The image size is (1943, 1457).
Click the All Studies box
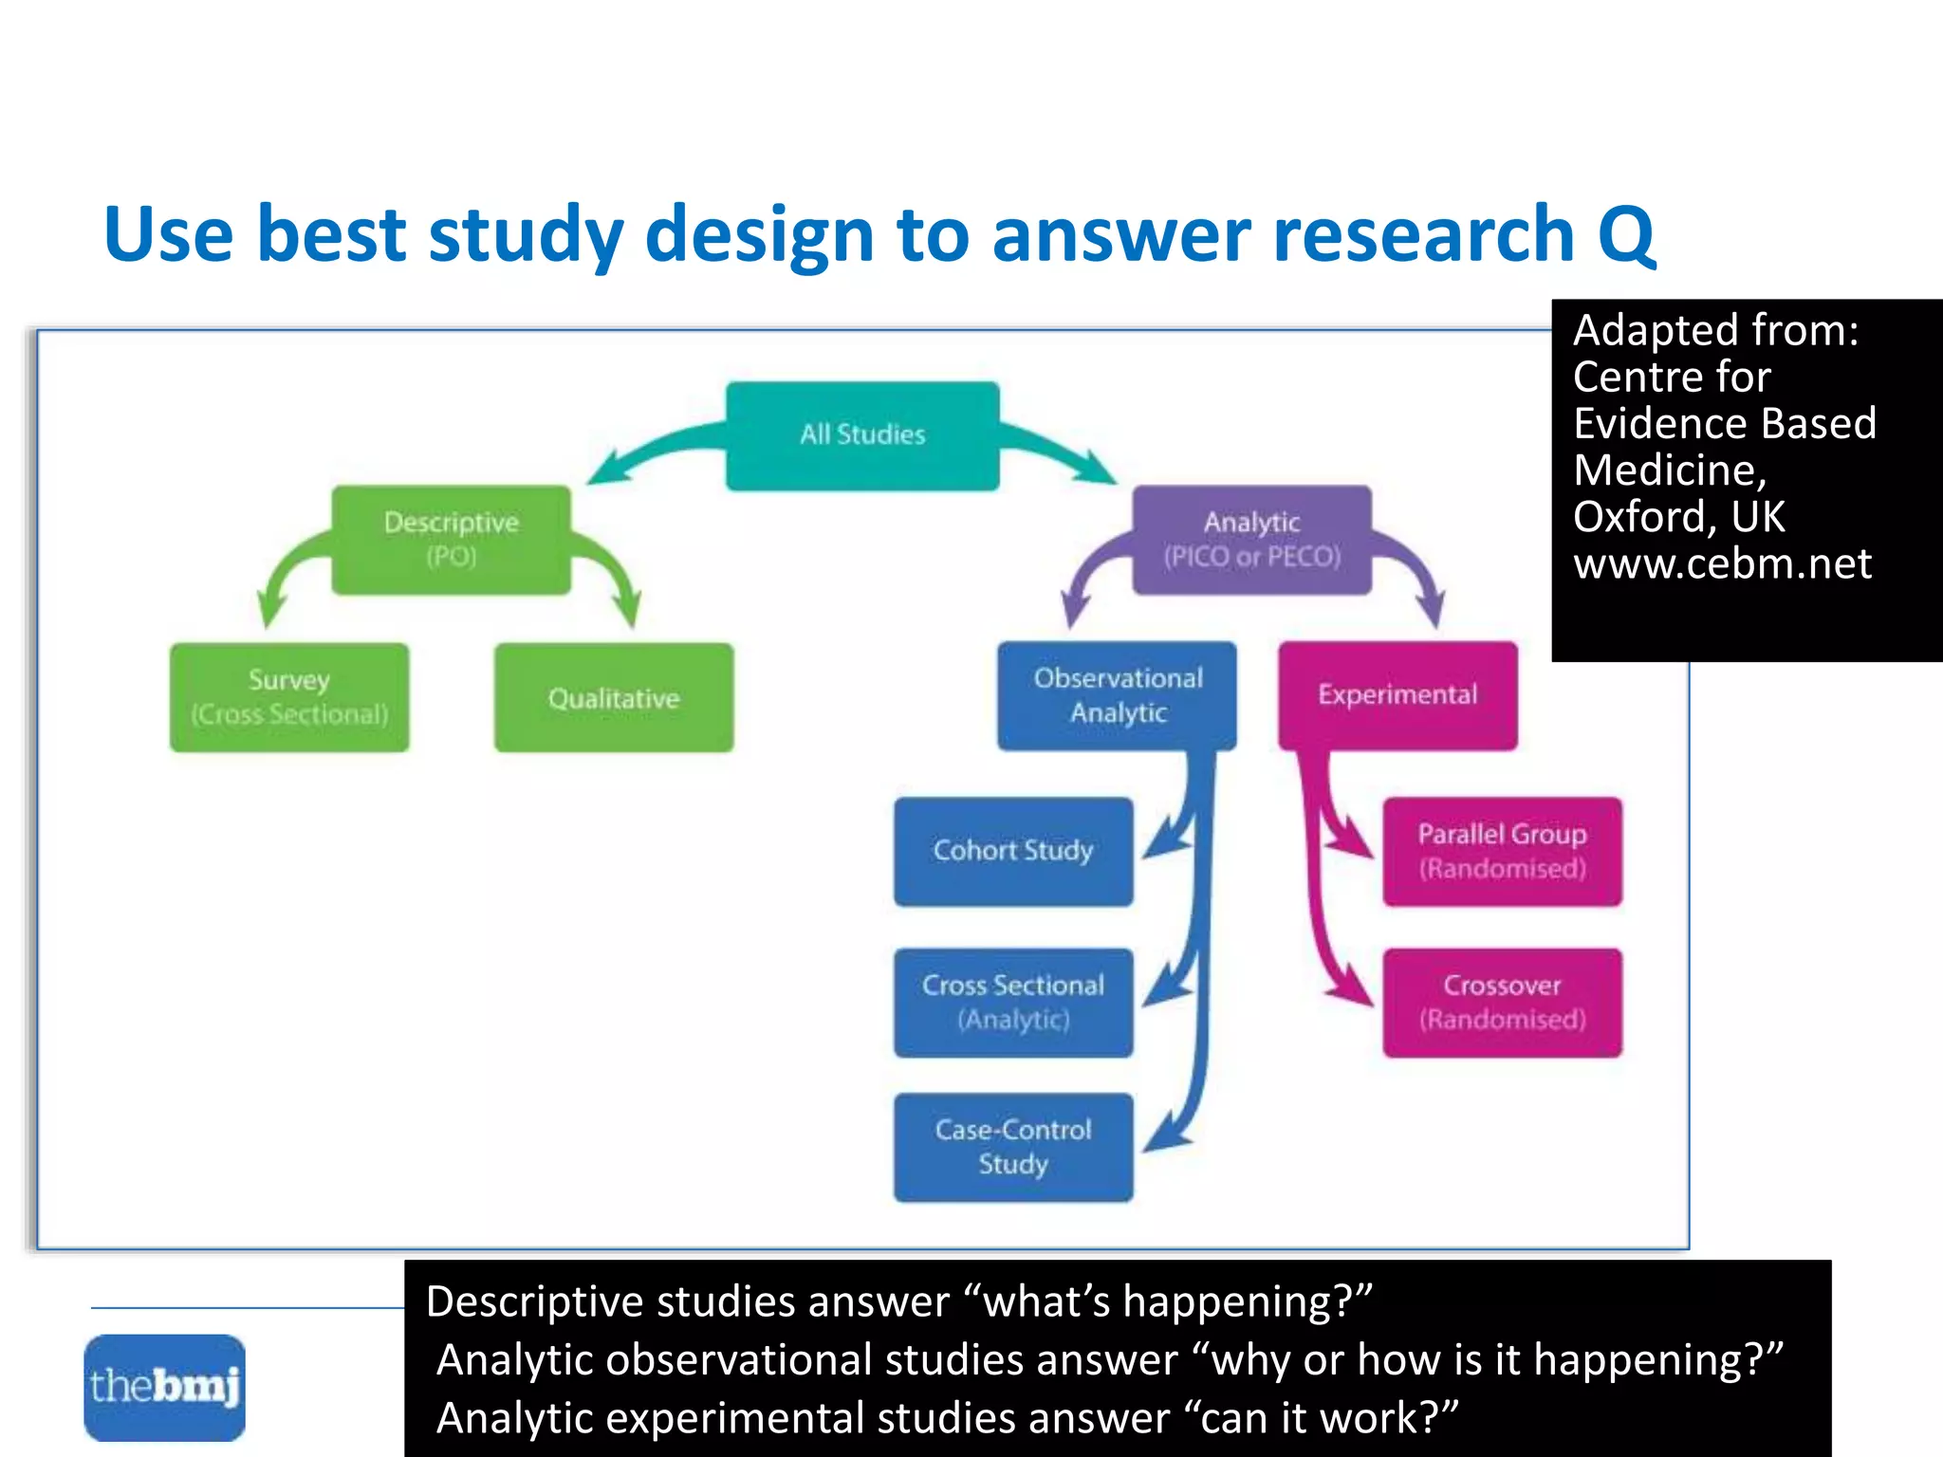pyautogui.click(x=862, y=435)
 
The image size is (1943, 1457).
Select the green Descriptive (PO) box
pyautogui.click(x=451, y=539)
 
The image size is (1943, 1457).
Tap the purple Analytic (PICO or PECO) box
pyautogui.click(x=1251, y=539)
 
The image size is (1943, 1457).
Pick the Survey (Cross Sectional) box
pyautogui.click(x=289, y=697)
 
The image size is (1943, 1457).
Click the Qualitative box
pyautogui.click(x=613, y=697)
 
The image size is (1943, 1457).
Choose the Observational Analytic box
pyautogui.click(x=1117, y=695)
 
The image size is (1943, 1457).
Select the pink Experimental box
pyautogui.click(x=1397, y=695)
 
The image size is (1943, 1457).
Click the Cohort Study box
pyautogui.click(x=1012, y=851)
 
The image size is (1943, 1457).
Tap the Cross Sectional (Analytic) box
pyautogui.click(x=1012, y=1002)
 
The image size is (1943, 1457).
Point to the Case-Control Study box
pyautogui.click(x=1012, y=1147)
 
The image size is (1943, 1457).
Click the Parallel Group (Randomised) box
pyautogui.click(x=1502, y=851)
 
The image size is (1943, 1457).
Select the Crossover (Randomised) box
pyautogui.click(x=1502, y=1002)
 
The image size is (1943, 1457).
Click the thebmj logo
pyautogui.click(x=164, y=1387)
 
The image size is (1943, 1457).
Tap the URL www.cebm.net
pyautogui.click(x=1721, y=563)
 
